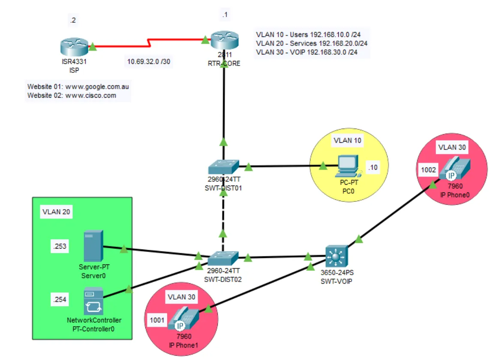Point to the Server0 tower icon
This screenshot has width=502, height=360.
pos(93,246)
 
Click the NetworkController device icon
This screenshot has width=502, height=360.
pos(93,302)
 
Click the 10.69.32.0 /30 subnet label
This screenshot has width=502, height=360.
pos(148,62)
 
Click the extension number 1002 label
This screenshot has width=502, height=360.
pos(428,170)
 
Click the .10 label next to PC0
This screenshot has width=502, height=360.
pos(373,167)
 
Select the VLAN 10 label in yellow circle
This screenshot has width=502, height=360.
pos(348,140)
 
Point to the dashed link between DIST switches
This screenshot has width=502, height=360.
pos(223,214)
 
